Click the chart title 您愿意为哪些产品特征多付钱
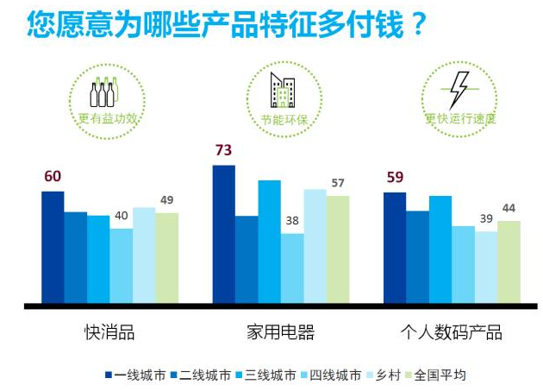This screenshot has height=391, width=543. (226, 26)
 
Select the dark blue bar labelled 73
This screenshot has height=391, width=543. (223, 234)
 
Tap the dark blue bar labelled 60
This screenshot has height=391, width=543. (53, 247)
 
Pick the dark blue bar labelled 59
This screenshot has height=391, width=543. (395, 248)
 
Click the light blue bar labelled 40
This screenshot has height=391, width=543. (121, 266)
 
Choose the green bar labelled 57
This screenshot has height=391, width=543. (338, 250)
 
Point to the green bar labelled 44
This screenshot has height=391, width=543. (509, 262)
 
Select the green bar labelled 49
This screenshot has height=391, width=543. (166, 258)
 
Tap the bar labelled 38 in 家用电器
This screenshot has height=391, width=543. (292, 268)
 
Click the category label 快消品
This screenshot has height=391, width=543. (109, 332)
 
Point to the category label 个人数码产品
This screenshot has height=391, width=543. (452, 332)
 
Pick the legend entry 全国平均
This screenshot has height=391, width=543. (440, 375)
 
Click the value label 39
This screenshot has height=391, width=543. (486, 218)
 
